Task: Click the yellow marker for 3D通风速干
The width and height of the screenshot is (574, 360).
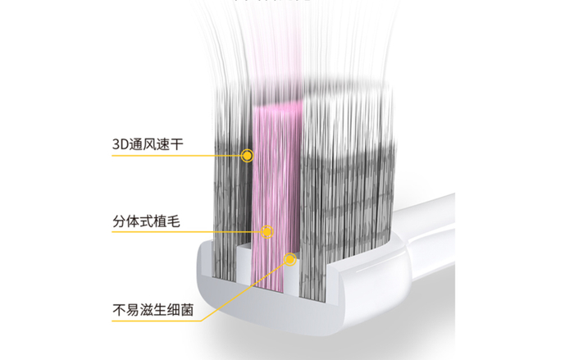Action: (x=247, y=154)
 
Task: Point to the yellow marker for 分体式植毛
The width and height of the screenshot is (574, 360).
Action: (x=266, y=231)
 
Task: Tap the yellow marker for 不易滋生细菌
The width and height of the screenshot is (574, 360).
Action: (x=289, y=260)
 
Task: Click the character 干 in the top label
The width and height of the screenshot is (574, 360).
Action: (x=177, y=144)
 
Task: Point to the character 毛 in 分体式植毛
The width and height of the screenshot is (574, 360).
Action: (x=176, y=221)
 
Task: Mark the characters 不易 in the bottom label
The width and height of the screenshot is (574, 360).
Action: (x=125, y=311)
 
